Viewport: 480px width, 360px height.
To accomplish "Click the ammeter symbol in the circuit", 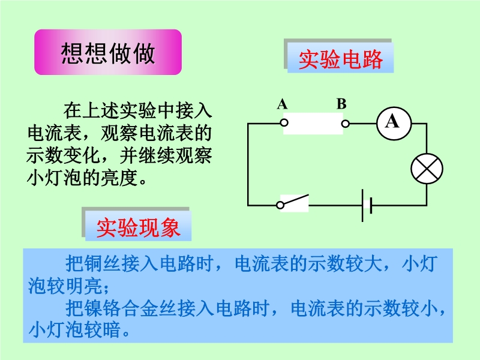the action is [x=394, y=124].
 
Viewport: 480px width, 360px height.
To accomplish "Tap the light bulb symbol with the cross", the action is [x=427, y=169].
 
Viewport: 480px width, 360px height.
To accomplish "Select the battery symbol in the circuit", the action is [x=367, y=205].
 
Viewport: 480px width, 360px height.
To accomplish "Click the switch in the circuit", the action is [x=293, y=202].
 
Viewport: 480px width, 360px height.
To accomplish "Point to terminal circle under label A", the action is [x=284, y=123].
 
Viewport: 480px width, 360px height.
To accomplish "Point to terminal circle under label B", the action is [x=346, y=124].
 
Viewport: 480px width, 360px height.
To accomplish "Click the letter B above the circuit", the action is [x=341, y=104].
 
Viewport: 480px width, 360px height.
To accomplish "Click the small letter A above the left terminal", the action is [x=282, y=104].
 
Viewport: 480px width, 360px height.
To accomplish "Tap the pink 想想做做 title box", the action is [x=108, y=52].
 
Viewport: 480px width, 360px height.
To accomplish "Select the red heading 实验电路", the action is [x=340, y=59].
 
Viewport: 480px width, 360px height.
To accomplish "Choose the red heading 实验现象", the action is [x=138, y=228].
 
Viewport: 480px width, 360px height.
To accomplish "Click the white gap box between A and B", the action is [x=313, y=124].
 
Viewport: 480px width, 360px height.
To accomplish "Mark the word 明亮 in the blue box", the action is [x=83, y=286].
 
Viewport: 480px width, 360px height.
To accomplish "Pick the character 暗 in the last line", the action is [x=112, y=329].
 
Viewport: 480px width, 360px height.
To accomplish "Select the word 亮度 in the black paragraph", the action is [x=119, y=178].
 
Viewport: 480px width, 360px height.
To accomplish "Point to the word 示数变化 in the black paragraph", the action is [x=64, y=155].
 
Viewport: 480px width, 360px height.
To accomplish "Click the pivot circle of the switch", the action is [x=280, y=205].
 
